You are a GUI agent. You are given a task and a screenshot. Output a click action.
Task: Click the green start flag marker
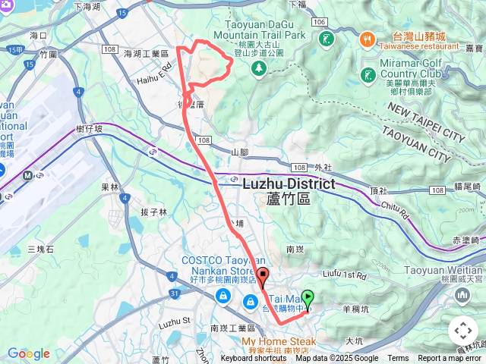pyautogui.click(x=308, y=297)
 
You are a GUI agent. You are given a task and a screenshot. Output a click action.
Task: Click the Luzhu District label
pyautogui.click(x=289, y=184)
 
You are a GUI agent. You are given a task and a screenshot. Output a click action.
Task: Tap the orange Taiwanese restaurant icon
pyautogui.click(x=366, y=37)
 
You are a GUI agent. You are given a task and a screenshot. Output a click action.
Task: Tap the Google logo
pyautogui.click(x=28, y=353)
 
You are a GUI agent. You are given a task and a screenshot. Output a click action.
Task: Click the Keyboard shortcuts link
pyautogui.click(x=254, y=359)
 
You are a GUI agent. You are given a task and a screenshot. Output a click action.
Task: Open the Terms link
pyautogui.click(x=398, y=359)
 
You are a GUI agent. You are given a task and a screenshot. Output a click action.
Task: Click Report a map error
pyautogui.click(x=451, y=359)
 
